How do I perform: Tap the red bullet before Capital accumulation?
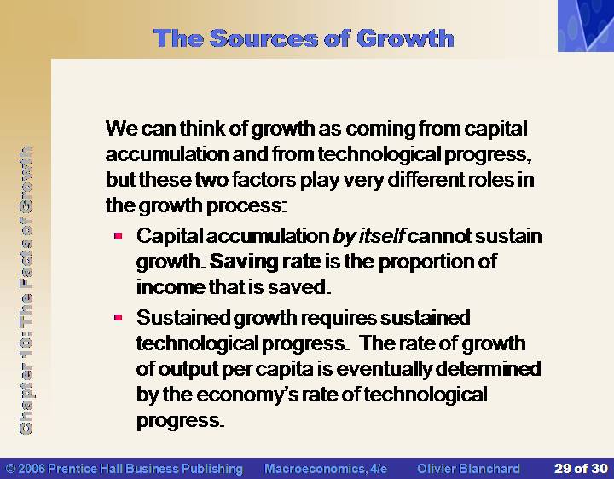pos(119,235)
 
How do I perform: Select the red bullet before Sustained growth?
pos(119,317)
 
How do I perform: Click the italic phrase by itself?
pos(368,236)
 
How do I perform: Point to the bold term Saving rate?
pos(265,262)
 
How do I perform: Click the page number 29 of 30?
pos(581,469)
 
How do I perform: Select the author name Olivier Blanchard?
pos(468,469)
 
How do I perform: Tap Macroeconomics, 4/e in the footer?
pos(326,469)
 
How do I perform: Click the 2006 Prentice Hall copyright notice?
pos(125,469)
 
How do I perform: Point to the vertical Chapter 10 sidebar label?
pos(26,291)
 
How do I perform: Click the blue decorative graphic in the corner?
pos(586,26)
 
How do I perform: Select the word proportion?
pos(426,263)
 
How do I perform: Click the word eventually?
pos(384,369)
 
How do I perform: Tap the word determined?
pos(488,369)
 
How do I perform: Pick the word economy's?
pos(247,395)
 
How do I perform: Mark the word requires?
pos(338,318)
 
